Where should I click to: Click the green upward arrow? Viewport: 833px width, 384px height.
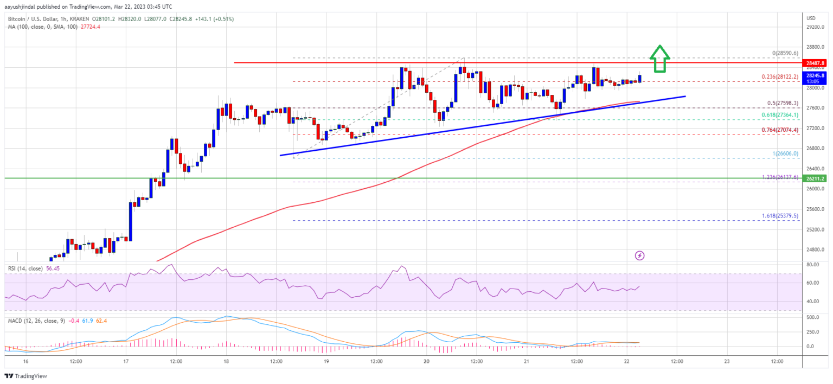pyautogui.click(x=660, y=58)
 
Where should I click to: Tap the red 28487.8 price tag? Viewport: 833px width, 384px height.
pyautogui.click(x=816, y=63)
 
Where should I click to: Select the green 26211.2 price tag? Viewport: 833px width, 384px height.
pyautogui.click(x=816, y=178)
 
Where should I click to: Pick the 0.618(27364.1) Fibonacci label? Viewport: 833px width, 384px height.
pyautogui.click(x=780, y=116)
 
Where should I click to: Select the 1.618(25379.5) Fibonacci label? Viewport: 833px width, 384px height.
pyautogui.click(x=780, y=216)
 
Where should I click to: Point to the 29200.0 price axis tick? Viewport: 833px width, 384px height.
pyautogui.click(x=816, y=27)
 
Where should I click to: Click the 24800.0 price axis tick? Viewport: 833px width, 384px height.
pyautogui.click(x=816, y=250)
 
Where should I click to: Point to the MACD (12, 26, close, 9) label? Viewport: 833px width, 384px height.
pyautogui.click(x=36, y=321)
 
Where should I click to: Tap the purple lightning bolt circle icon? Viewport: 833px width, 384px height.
pyautogui.click(x=640, y=255)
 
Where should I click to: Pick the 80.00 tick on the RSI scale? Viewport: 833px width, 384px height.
pyautogui.click(x=812, y=265)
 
